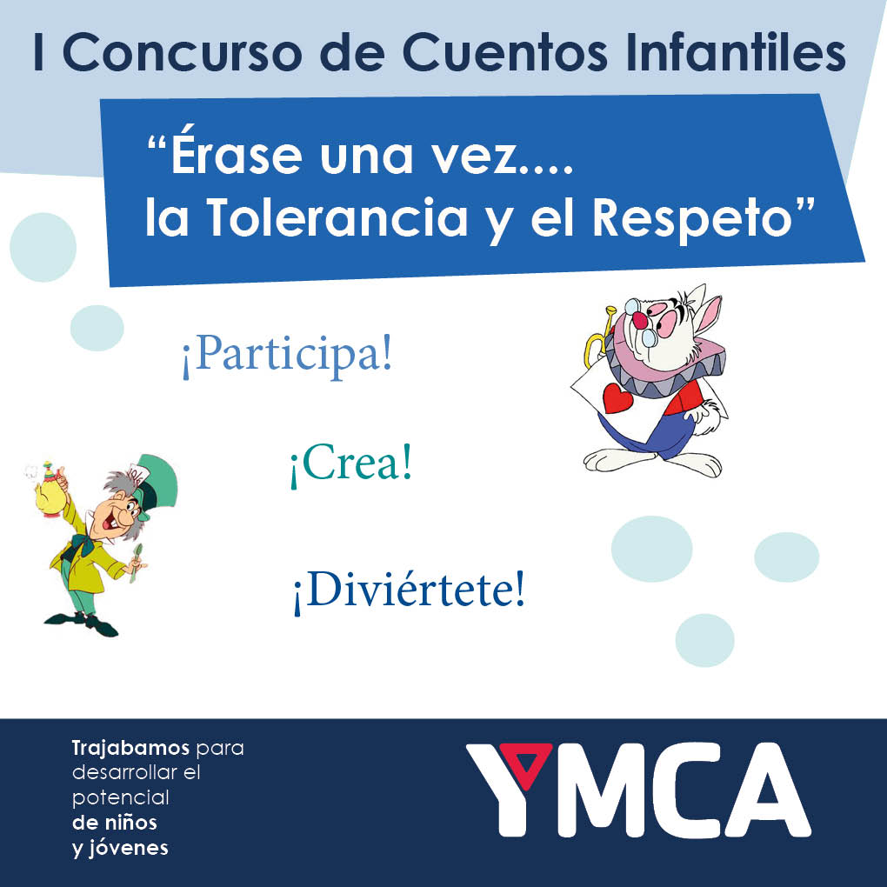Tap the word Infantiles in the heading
[x=736, y=52]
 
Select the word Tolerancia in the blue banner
[x=337, y=217]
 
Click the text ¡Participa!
[x=287, y=355]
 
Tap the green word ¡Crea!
[x=350, y=464]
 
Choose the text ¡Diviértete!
[x=409, y=590]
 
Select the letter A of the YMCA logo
[x=770, y=790]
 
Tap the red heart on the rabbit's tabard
[x=617, y=397]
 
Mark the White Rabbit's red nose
[x=640, y=321]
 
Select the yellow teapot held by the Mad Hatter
[x=47, y=492]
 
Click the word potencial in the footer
[x=121, y=798]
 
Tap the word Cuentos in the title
[x=504, y=52]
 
